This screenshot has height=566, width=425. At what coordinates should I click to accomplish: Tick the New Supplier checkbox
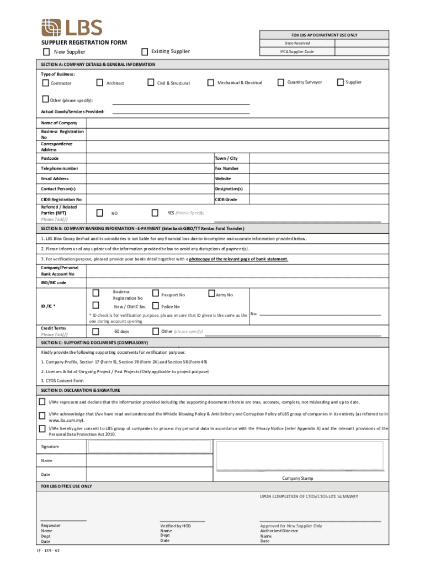[x=46, y=52]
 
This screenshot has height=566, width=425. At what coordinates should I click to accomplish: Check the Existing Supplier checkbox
[x=145, y=51]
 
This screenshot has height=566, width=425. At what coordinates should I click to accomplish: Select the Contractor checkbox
[x=45, y=83]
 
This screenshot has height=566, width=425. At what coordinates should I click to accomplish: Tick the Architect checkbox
[x=100, y=83]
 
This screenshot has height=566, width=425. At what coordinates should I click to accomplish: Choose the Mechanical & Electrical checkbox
[x=210, y=83]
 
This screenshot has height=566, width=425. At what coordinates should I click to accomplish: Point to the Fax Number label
[x=227, y=168]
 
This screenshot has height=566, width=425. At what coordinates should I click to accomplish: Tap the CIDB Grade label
[x=226, y=199]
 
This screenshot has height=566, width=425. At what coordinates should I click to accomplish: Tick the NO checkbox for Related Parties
[x=99, y=213]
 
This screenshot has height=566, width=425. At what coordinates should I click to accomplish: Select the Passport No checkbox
[x=155, y=294]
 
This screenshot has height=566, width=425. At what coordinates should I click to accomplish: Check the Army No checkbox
[x=211, y=294]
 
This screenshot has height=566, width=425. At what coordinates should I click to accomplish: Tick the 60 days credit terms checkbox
[x=95, y=331]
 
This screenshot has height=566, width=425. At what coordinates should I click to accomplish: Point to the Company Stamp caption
[x=297, y=478]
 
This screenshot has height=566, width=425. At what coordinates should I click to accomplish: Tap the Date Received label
[x=297, y=43]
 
